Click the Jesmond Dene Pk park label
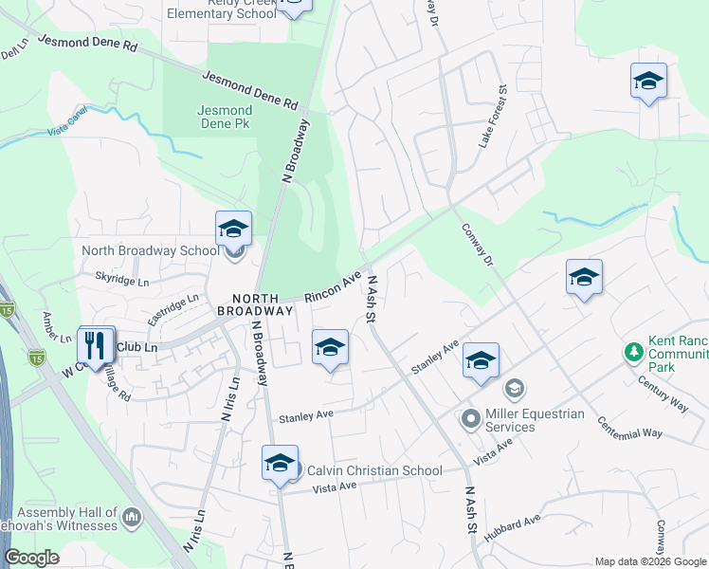click(225, 117)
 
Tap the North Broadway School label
click(151, 251)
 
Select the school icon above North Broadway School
click(233, 229)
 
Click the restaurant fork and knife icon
click(97, 345)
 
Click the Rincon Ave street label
click(334, 286)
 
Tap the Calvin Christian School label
click(374, 470)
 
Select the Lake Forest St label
click(496, 117)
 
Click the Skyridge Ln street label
click(122, 282)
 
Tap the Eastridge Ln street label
click(179, 304)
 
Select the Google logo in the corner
click(32, 558)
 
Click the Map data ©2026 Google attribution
click(650, 561)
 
